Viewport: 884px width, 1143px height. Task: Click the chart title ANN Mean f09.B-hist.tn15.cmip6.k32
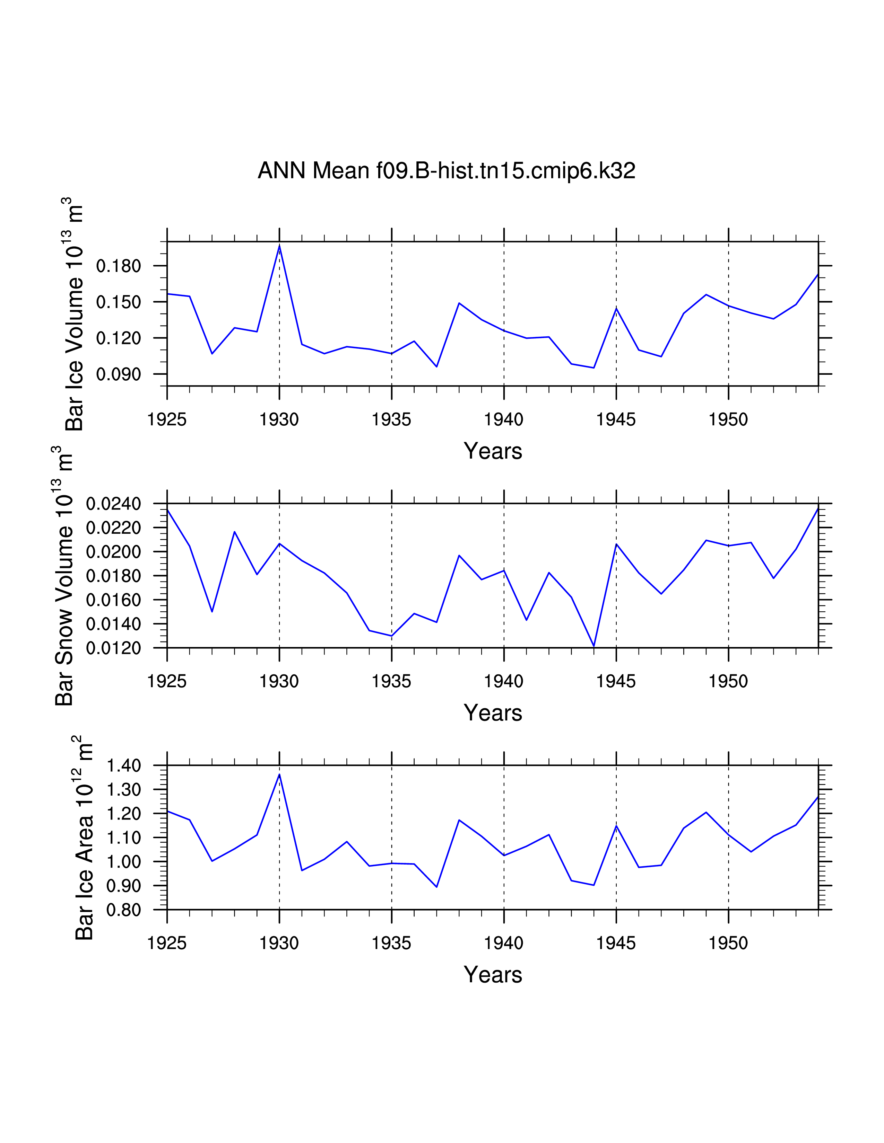click(446, 171)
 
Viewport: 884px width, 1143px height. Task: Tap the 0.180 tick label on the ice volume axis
click(118, 266)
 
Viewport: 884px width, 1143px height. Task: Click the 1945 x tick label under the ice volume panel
click(616, 420)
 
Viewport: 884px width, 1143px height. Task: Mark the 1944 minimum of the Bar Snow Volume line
click(594, 646)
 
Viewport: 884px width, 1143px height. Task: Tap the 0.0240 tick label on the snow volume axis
click(113, 504)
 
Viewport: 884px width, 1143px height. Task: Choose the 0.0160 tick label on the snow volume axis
click(113, 600)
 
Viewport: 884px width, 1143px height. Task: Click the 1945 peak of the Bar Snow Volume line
click(616, 544)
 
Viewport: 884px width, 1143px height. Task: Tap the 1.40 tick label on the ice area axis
click(124, 766)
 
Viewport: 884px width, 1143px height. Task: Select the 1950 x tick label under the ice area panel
click(728, 943)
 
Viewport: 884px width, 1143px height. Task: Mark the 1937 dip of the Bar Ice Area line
click(437, 887)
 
